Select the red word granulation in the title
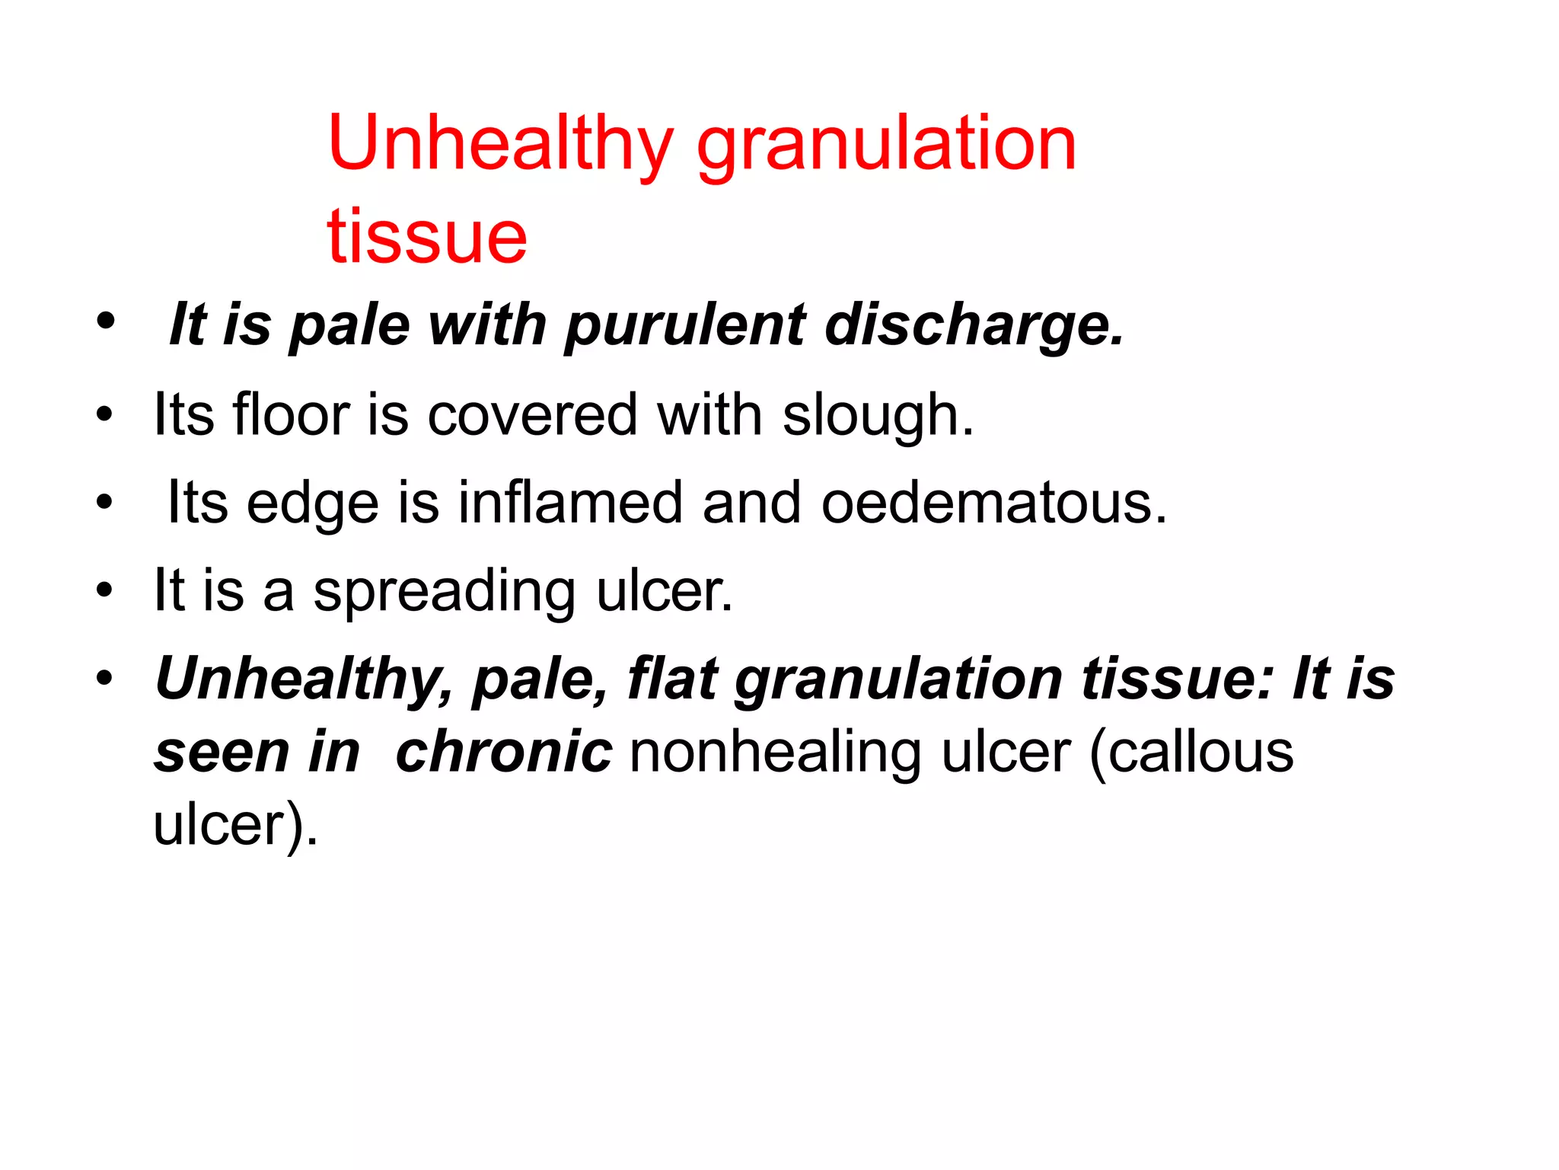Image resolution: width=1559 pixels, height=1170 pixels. click(x=886, y=145)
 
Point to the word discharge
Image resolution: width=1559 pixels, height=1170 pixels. click(x=974, y=326)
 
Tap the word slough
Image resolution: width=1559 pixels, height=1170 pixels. click(x=877, y=416)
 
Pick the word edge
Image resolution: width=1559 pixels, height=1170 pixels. click(x=312, y=503)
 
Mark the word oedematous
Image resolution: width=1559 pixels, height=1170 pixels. click(x=993, y=503)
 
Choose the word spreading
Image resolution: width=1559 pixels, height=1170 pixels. click(x=445, y=592)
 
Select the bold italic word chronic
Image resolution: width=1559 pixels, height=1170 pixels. click(x=504, y=752)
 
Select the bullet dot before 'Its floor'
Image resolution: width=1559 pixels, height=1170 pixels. click(x=105, y=416)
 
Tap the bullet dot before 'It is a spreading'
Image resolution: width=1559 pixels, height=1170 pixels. click(x=105, y=590)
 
